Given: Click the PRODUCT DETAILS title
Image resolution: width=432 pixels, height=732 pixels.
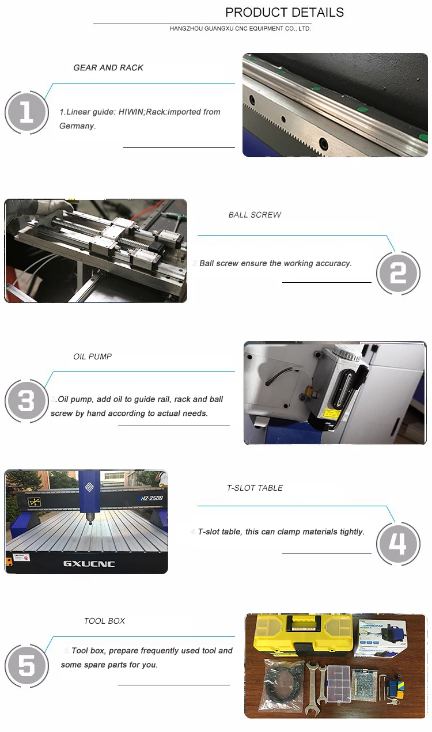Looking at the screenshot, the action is point(285,13).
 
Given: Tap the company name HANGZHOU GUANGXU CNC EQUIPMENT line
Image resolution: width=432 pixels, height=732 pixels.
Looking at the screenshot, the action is point(240,29).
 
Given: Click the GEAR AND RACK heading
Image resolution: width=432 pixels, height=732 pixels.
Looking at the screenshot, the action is point(108,67).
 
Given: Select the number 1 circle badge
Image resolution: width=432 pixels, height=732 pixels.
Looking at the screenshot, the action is point(27,112).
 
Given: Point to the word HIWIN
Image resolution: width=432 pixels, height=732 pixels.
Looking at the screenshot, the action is point(131,112).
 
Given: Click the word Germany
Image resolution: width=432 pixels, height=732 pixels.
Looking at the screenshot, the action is point(77,126).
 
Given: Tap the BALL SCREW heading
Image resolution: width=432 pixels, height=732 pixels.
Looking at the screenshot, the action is point(255,215).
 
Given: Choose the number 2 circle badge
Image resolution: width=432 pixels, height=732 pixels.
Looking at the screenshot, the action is point(398,273).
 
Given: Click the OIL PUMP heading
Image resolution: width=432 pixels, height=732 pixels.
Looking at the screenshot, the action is point(93,356).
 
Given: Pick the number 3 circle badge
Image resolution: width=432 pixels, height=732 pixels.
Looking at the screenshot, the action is point(27,401).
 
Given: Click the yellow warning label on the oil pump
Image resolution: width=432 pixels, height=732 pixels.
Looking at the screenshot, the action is point(332,414).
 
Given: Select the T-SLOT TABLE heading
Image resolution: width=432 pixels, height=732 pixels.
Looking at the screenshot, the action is point(255,488).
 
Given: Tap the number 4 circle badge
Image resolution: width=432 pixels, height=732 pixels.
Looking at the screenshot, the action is point(398,544).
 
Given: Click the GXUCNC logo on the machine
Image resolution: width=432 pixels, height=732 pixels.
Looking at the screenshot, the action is point(89,564).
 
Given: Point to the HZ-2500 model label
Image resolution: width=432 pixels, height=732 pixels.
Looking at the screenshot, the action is point(151,498).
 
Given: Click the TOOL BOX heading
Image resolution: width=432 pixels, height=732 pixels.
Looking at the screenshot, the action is point(105,621).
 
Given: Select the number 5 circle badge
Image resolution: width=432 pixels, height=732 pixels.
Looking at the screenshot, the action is point(27,666).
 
